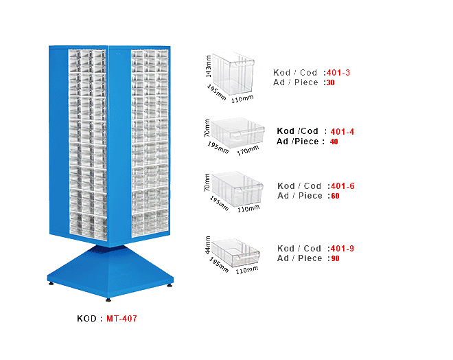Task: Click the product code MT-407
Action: [x=121, y=319]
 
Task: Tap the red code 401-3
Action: [x=338, y=73]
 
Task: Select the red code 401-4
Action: [x=342, y=132]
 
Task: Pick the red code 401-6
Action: [x=342, y=186]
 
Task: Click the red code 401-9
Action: [x=342, y=249]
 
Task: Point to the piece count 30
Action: [x=331, y=82]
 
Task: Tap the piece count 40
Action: [x=334, y=142]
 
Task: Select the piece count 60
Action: [x=335, y=196]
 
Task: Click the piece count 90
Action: [x=335, y=258]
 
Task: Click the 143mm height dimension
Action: [x=208, y=66]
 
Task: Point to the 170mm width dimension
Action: [x=248, y=150]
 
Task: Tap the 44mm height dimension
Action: [x=207, y=245]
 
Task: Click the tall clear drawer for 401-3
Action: [x=233, y=74]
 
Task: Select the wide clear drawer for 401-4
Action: [x=237, y=133]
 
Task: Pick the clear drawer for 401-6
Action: [x=237, y=188]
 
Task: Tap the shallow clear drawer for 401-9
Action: [x=235, y=252]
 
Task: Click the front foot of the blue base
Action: [x=108, y=300]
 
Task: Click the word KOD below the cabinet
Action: [x=86, y=319]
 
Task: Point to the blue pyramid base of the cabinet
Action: [x=110, y=271]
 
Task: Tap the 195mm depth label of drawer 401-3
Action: [x=216, y=92]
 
